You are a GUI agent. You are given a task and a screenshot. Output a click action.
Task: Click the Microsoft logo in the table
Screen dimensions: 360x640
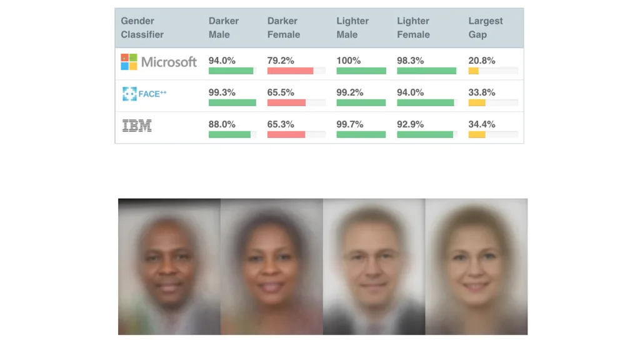[x=159, y=62]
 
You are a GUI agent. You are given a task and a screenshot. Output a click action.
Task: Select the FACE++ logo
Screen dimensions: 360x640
[x=144, y=94]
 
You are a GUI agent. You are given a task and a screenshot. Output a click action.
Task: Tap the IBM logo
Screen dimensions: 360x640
[x=137, y=126]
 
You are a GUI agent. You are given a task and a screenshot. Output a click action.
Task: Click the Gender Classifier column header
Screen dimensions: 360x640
[x=142, y=27]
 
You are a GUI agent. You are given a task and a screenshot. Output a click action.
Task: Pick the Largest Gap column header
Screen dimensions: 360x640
[x=485, y=27]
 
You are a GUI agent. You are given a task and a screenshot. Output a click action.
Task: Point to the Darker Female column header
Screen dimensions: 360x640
[x=284, y=27]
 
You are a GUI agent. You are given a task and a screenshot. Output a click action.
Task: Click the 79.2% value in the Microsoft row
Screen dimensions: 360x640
[x=281, y=61]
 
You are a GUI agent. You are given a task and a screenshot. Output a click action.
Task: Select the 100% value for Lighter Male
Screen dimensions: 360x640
[x=348, y=61]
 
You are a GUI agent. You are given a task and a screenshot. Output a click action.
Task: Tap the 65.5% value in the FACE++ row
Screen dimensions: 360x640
[x=281, y=92]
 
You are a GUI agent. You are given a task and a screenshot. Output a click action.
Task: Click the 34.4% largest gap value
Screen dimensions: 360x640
[x=481, y=124]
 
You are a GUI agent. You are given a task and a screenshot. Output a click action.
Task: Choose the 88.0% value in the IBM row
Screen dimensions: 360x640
[x=222, y=124]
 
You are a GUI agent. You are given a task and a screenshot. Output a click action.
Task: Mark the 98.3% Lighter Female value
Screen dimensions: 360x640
[x=410, y=61]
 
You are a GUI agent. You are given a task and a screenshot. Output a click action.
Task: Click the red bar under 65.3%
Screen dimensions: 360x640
[x=286, y=134]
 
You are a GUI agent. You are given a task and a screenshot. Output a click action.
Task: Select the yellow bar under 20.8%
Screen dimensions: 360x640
[x=473, y=71]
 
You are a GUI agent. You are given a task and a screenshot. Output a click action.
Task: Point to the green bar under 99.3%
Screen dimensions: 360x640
[x=232, y=102]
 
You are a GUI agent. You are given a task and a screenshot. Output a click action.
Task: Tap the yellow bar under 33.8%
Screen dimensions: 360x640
[x=476, y=102]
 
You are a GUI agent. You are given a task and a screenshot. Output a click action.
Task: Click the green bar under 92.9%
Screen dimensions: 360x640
[x=424, y=134]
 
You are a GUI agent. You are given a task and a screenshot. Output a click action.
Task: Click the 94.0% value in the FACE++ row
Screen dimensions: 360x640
[x=410, y=92]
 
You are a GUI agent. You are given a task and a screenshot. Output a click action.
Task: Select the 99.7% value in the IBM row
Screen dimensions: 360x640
[x=350, y=124]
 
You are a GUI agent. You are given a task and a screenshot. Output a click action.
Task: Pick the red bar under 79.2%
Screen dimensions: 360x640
[x=290, y=71]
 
